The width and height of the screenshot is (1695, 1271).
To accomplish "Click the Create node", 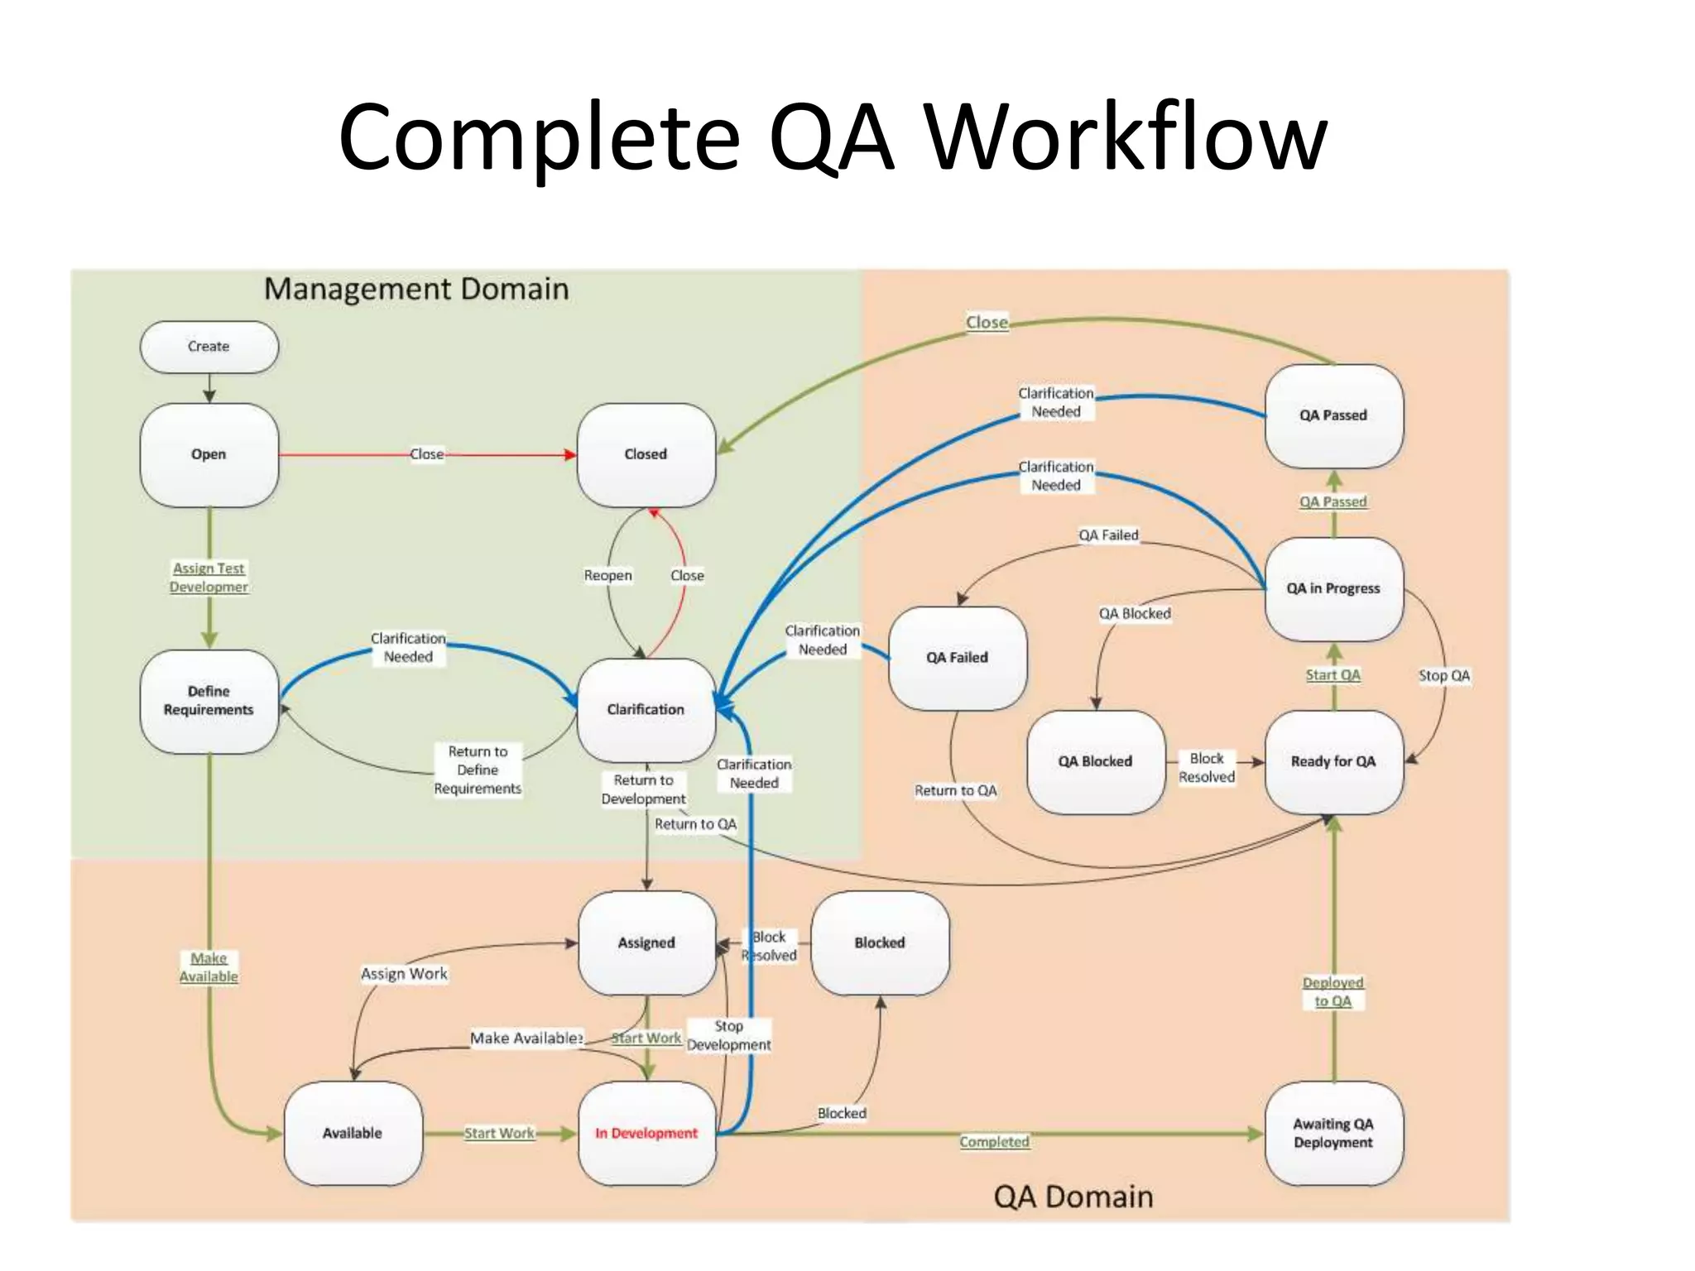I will point(209,347).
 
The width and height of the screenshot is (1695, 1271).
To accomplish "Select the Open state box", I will point(209,454).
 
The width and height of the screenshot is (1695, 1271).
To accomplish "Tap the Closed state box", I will point(646,454).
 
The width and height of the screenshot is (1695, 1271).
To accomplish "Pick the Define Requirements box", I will point(209,701).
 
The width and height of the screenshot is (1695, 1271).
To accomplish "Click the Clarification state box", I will point(646,709).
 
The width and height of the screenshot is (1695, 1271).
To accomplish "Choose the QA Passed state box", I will point(1333,415).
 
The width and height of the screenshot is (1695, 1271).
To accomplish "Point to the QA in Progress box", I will point(1333,588).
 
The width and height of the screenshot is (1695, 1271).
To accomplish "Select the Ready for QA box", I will point(1333,761).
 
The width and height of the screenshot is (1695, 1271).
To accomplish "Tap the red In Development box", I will point(646,1133).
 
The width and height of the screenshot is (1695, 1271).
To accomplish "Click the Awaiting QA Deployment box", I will point(1333,1133).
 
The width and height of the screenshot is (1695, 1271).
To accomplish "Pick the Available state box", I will point(353,1133).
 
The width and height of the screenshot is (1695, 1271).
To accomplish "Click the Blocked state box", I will point(880,942).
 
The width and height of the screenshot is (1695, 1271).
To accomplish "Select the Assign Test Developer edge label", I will point(209,578).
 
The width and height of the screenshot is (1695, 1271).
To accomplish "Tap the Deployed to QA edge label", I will point(1333,992).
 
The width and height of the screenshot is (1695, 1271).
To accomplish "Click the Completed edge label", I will point(994,1142).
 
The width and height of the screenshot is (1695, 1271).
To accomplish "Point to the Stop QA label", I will point(1444,676).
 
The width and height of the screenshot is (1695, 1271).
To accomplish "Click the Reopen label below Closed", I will point(607,575).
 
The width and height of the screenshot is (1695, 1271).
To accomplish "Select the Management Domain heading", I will point(416,289).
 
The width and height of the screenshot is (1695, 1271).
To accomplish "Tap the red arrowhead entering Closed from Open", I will point(570,454).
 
